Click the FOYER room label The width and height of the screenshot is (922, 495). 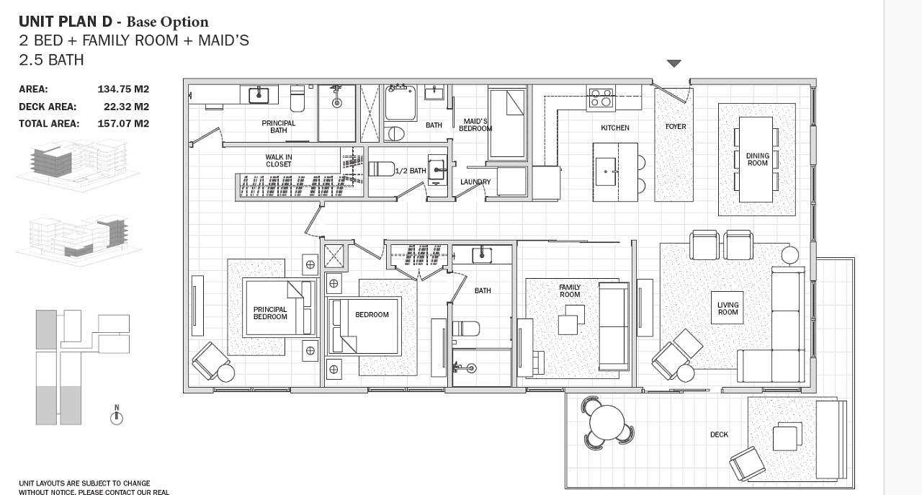(x=676, y=126)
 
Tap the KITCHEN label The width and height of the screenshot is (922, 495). (x=615, y=128)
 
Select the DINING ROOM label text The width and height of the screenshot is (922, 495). (x=757, y=159)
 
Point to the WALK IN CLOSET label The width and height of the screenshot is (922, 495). (x=279, y=161)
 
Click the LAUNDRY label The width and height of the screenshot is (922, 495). (x=475, y=182)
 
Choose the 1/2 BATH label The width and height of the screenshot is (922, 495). (x=411, y=171)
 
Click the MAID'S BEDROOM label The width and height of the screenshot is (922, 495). (x=475, y=125)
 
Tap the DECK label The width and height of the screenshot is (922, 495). (x=719, y=434)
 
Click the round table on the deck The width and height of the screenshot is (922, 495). (x=607, y=423)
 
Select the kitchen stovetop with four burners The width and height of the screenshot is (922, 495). (x=601, y=98)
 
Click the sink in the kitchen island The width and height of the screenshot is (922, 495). (x=606, y=171)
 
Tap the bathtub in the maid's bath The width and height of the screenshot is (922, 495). (x=400, y=102)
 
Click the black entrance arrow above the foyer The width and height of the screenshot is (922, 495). (x=673, y=63)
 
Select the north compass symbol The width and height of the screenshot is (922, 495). (x=117, y=415)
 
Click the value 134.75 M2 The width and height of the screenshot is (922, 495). (x=123, y=89)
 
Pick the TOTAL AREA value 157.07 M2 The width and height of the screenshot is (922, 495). (x=123, y=123)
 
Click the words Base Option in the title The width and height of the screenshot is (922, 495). (x=168, y=22)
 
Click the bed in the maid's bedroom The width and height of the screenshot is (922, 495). (x=508, y=123)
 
